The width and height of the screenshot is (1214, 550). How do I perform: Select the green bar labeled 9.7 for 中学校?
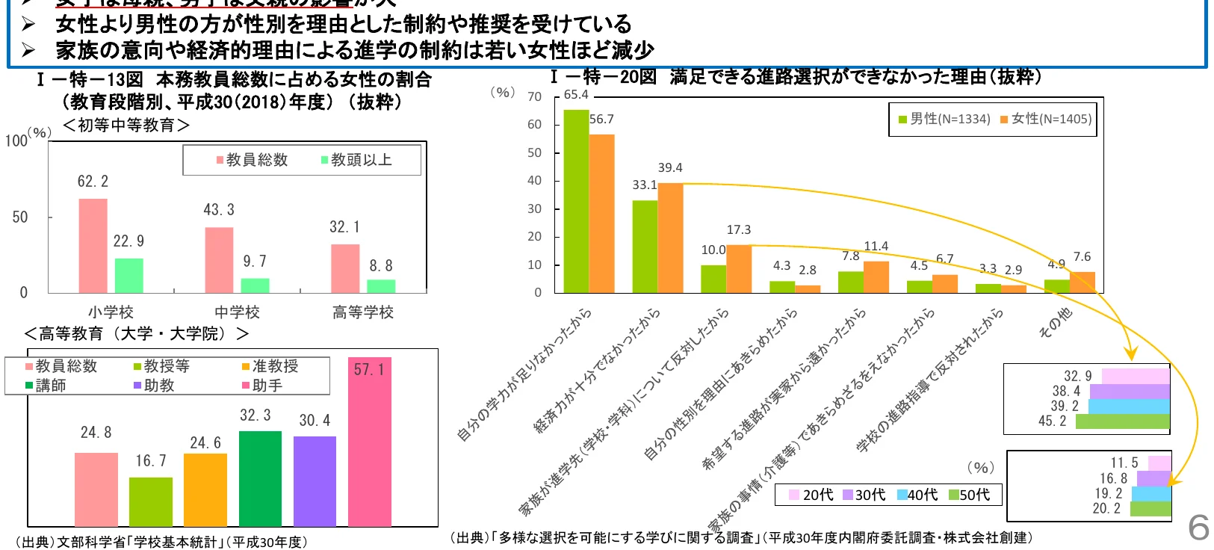(255, 285)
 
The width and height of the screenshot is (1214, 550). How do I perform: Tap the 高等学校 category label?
(363, 312)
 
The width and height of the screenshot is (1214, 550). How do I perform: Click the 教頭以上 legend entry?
(356, 160)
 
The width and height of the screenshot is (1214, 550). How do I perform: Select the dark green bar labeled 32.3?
(260, 478)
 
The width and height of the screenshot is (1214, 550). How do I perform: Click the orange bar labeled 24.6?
(205, 489)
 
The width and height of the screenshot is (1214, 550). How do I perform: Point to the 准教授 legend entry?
(270, 366)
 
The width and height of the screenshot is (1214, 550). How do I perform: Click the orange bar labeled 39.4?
(670, 238)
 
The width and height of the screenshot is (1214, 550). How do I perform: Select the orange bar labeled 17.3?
(739, 268)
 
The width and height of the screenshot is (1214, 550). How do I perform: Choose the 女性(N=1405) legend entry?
(1046, 119)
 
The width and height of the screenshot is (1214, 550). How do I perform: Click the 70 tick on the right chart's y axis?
(534, 96)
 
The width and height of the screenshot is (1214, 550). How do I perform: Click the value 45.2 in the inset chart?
(1053, 421)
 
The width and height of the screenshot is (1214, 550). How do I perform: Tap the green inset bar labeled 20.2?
(1150, 509)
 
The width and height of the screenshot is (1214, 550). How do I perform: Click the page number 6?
(1198, 528)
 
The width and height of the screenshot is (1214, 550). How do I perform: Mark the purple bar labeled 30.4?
(315, 481)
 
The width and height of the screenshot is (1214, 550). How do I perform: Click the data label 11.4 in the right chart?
(876, 246)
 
